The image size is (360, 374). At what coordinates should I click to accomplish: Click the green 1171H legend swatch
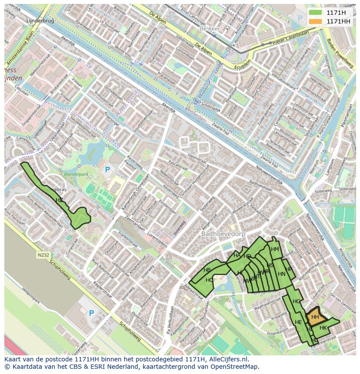click(x=316, y=13)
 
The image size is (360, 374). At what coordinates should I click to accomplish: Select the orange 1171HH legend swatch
click(x=316, y=21)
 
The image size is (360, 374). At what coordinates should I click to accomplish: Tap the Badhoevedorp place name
click(x=223, y=234)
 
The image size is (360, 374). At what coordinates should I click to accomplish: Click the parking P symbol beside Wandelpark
click(x=107, y=169)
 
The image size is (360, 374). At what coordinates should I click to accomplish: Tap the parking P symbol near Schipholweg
click(x=91, y=313)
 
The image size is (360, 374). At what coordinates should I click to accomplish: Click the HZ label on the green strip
click(x=59, y=200)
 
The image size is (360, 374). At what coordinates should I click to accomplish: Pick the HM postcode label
click(x=275, y=249)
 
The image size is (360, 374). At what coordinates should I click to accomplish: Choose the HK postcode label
click(x=323, y=328)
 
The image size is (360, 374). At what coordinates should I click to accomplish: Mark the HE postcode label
click(x=298, y=322)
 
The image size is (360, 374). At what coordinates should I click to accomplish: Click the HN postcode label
click(x=281, y=274)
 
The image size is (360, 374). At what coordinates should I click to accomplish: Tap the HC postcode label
click(x=210, y=280)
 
